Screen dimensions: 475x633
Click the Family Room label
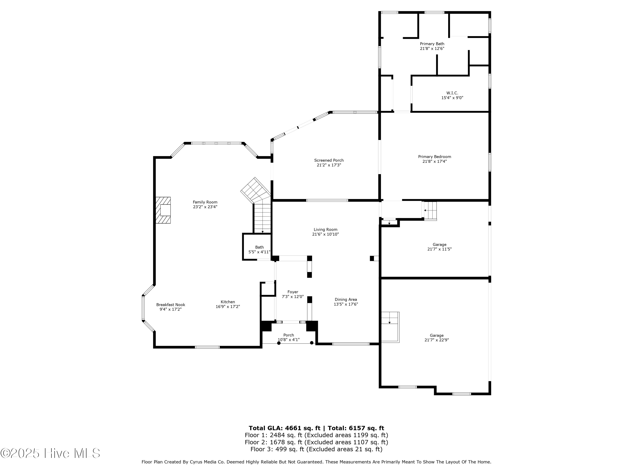(205, 202)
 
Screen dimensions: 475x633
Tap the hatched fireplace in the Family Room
(163, 210)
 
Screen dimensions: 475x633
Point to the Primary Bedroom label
(434, 157)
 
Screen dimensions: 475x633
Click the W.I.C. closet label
(452, 93)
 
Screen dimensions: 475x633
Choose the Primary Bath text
(432, 44)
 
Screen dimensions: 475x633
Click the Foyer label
(293, 292)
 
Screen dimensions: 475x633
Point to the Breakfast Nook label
(170, 305)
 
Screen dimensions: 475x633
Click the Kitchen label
(228, 302)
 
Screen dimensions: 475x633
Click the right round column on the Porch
(312, 343)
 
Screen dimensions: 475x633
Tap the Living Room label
(325, 230)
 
